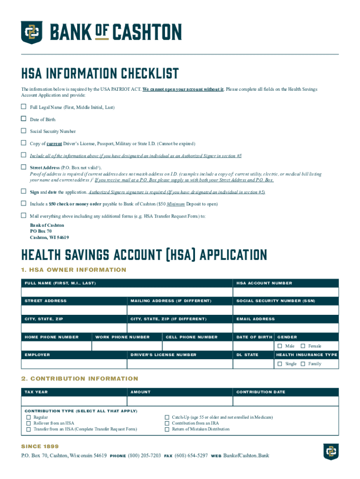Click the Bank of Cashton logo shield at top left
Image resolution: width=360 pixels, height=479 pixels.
(x=32, y=32)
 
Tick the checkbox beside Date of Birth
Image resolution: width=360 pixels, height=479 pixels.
(x=23, y=119)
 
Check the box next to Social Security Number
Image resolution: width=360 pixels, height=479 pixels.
(x=23, y=131)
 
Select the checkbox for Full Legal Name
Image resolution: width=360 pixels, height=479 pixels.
(x=23, y=107)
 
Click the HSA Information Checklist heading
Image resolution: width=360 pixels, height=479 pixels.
(x=100, y=74)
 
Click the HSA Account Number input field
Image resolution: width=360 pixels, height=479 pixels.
(x=286, y=292)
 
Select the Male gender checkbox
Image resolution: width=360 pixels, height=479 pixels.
(x=280, y=346)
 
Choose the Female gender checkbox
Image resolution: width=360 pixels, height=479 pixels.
(x=303, y=346)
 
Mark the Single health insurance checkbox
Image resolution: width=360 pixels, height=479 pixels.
(x=280, y=363)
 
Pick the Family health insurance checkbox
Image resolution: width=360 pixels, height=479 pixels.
(x=303, y=363)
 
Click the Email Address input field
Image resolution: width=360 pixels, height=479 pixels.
(x=286, y=328)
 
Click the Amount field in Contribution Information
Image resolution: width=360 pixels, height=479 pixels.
(x=180, y=401)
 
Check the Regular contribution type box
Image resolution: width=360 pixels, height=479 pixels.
(x=29, y=417)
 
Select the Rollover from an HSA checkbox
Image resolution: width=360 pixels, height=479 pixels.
(x=29, y=423)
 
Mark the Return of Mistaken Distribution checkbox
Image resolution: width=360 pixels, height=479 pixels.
(x=167, y=429)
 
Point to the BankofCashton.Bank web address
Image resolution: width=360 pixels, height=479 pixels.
(x=246, y=456)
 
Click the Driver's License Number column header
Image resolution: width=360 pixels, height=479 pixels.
(x=164, y=355)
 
